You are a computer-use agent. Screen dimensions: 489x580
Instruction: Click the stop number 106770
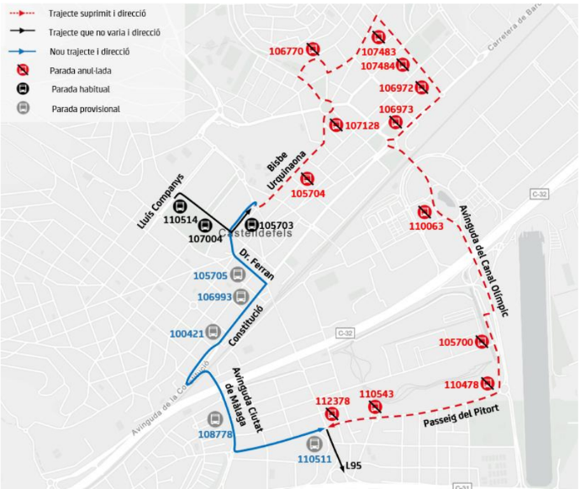[x=286, y=51]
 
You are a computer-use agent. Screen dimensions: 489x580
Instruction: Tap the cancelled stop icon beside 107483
[x=378, y=37]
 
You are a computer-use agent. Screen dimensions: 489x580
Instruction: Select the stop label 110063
[x=426, y=226]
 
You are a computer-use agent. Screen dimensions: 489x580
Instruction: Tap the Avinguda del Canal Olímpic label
[x=490, y=261]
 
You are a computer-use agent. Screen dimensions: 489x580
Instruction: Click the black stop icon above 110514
[x=180, y=206]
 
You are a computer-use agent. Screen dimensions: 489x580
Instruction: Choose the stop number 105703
[x=277, y=226]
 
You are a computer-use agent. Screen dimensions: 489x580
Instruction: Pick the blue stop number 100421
[x=187, y=333]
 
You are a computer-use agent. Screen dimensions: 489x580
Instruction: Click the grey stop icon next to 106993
[x=241, y=295]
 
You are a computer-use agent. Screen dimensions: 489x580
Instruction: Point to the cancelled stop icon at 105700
[x=482, y=342]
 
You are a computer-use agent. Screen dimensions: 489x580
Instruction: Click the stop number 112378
[x=332, y=401]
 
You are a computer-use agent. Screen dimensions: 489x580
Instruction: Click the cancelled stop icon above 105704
[x=308, y=178]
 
